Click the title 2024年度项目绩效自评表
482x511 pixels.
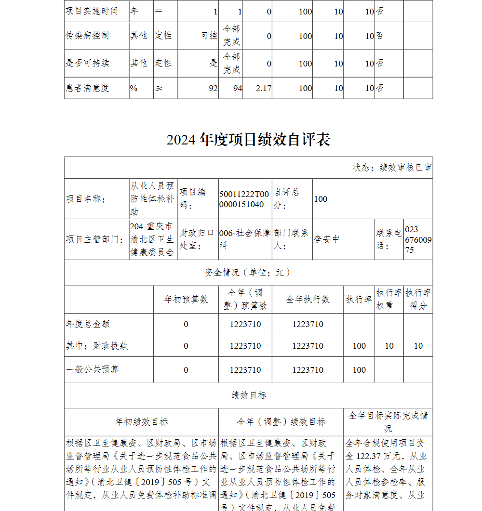tap(248, 140)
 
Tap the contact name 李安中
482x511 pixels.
tap(327, 239)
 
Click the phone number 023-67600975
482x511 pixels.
tap(418, 239)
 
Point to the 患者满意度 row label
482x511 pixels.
tap(88, 88)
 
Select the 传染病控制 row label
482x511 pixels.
tap(87, 36)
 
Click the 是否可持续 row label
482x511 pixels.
tap(87, 63)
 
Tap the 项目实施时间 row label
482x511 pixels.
tap(92, 11)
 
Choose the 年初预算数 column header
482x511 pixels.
tap(186, 299)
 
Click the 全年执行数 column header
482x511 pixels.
tap(308, 299)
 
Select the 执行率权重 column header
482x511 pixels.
tap(389, 299)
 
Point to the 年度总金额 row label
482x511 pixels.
tap(88, 324)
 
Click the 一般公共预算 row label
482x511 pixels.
tap(92, 369)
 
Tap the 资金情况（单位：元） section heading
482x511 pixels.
tap(248, 273)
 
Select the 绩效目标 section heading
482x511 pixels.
tap(248, 395)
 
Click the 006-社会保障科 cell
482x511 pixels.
tap(244, 239)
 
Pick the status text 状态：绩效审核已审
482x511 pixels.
tap(391, 168)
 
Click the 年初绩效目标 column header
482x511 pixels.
tap(141, 422)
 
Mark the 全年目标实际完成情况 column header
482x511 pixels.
tap(388, 422)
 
